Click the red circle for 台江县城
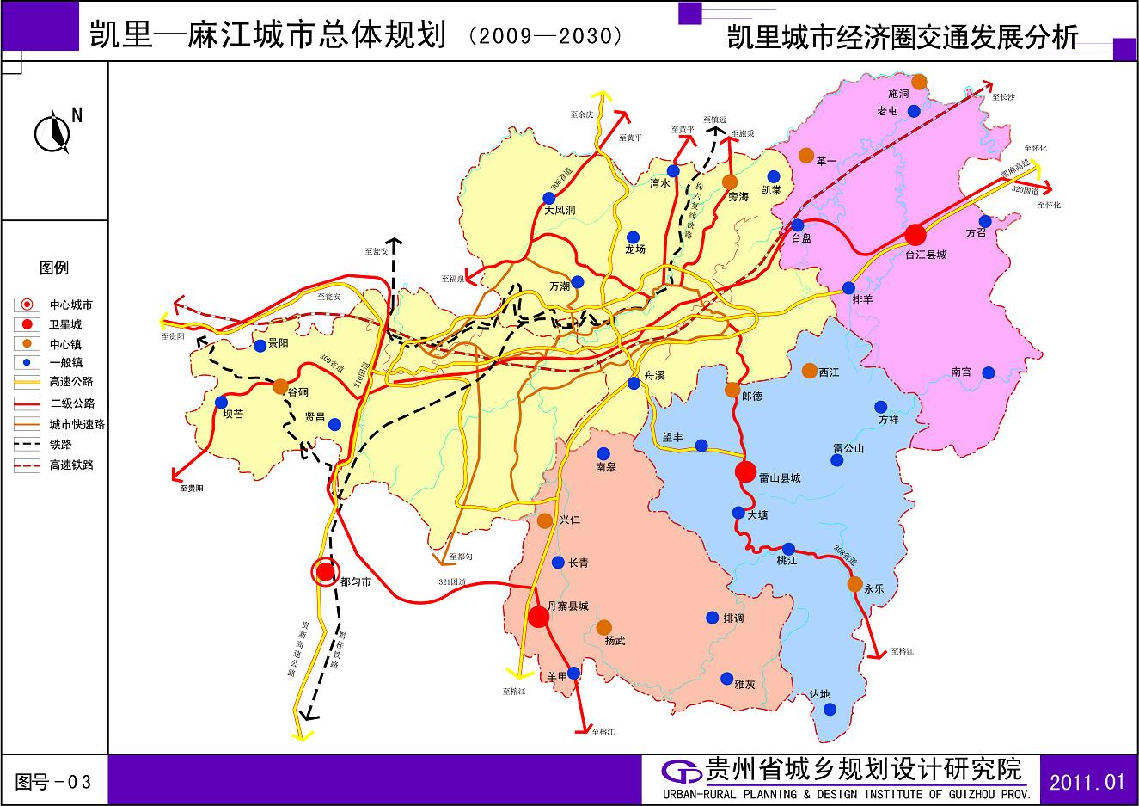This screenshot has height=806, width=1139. click(x=915, y=234)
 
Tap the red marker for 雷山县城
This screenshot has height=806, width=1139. click(x=746, y=471)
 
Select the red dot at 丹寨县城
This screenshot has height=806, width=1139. click(x=538, y=617)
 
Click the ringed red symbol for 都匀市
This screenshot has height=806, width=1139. click(x=325, y=571)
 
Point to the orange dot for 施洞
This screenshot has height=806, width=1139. click(x=919, y=82)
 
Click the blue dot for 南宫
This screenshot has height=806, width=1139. click(x=989, y=372)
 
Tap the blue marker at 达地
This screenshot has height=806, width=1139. click(x=830, y=710)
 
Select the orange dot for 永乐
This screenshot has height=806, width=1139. click(x=854, y=584)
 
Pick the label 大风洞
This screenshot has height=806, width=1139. click(x=560, y=210)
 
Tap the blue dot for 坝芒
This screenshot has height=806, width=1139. click(x=222, y=402)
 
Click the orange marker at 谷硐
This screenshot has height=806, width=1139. click(x=280, y=386)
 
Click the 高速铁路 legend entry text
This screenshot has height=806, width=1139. click(x=71, y=465)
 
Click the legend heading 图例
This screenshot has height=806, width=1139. click(x=53, y=268)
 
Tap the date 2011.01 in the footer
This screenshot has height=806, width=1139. click(x=1087, y=782)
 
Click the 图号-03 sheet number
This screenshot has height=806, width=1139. click(x=53, y=782)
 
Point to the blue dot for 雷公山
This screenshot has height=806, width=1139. click(x=837, y=460)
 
